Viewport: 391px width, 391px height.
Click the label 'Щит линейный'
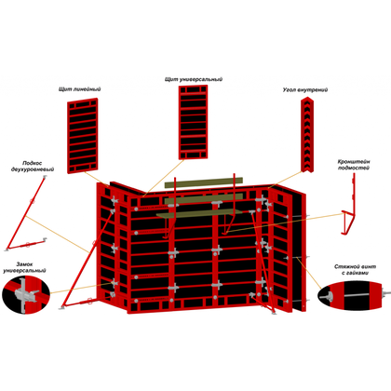(80, 89)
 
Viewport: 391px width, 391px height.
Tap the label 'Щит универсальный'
(194, 79)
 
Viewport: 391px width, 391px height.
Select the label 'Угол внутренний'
(305, 90)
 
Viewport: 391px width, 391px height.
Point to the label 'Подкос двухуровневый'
(33, 166)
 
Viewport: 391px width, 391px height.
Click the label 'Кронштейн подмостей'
(354, 165)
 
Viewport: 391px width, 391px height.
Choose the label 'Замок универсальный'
(24, 267)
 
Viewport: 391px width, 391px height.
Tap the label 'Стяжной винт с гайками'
(356, 270)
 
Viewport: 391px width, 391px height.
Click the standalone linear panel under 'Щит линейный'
(83, 136)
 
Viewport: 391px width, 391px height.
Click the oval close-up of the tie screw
(351, 296)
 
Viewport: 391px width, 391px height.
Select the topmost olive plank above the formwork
(204, 183)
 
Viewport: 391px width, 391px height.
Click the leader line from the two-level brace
(58, 235)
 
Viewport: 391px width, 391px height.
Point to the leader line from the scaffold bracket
(284, 222)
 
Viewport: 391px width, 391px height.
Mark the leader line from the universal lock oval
(81, 288)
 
